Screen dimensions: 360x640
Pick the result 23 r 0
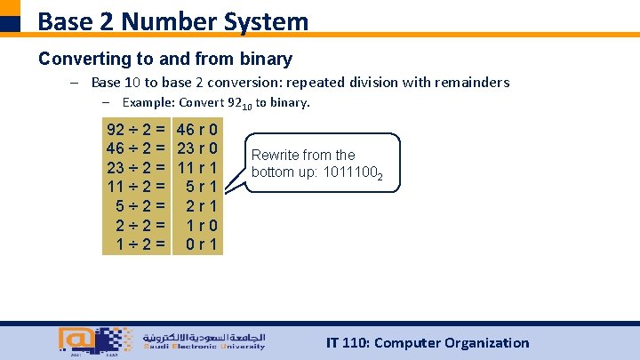[199, 147]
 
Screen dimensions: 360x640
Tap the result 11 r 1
[199, 166]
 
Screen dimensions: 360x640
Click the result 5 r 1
[203, 186]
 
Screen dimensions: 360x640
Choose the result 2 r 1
[203, 205]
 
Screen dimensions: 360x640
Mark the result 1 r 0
[203, 224]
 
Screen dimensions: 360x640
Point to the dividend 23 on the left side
[115, 166]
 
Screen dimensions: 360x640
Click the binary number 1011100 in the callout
[356, 172]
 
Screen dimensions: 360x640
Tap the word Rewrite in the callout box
[276, 155]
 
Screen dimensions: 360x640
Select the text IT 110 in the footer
[348, 343]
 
